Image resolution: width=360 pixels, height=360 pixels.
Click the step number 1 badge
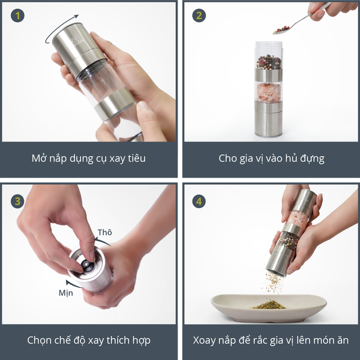17,16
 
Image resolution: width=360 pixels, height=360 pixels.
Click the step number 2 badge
199,16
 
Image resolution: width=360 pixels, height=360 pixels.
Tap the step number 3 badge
17,202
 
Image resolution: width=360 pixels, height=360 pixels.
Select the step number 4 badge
199,202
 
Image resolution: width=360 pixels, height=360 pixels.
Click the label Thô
104,232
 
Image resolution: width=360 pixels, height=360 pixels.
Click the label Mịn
65,293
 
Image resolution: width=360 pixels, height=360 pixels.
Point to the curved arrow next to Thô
102,241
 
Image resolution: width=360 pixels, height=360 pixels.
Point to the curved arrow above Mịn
73,284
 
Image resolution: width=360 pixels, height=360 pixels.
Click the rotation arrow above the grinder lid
59,28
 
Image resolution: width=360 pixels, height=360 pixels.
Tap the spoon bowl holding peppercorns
281,30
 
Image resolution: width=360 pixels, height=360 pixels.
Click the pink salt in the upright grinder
268,93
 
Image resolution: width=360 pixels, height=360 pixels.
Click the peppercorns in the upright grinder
269,62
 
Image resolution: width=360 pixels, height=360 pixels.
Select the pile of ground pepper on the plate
269,305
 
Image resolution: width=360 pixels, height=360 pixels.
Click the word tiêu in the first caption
137,158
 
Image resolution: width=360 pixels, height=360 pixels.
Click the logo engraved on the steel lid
77,41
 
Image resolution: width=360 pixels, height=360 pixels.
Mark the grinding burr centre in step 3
86,265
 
